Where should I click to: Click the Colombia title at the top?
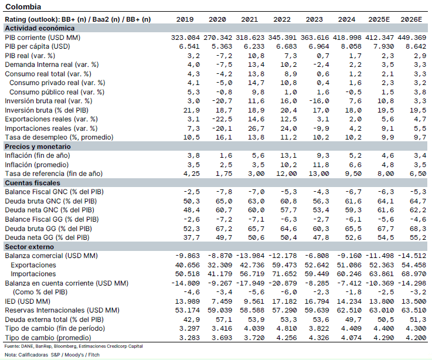[23, 6]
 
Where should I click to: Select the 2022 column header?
[282, 19]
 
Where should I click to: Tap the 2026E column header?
[411, 19]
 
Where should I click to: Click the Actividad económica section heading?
[40, 28]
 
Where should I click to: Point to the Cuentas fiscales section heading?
[32, 183]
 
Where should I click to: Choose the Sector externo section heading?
[29, 247]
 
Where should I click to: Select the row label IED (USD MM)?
[28, 301]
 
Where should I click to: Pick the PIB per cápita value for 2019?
[189, 46]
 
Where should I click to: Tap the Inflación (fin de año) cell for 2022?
[288, 155]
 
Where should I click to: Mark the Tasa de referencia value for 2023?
[318, 174]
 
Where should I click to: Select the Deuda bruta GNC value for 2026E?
[418, 201]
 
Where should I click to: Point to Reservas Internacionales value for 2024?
[349, 310]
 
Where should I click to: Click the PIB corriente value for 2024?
[347, 38]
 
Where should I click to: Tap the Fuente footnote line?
[73, 346]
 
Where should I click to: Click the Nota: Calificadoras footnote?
[52, 355]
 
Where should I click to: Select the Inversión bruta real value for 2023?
[319, 101]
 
